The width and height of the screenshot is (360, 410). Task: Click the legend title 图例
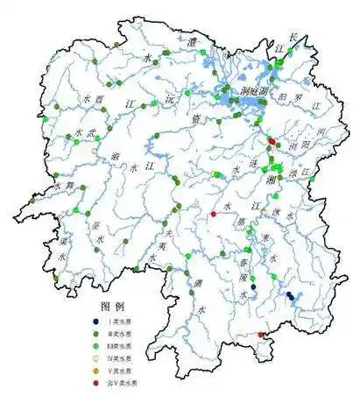click(x=114, y=307)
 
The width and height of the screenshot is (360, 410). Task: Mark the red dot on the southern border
click(x=261, y=335)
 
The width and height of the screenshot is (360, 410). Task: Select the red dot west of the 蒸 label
click(x=213, y=214)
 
